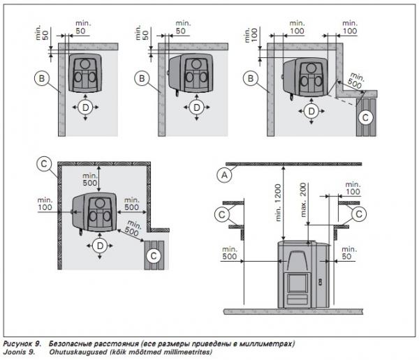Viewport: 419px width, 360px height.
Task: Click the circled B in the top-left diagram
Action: click(41, 80)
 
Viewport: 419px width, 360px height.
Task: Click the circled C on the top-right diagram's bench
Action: click(364, 117)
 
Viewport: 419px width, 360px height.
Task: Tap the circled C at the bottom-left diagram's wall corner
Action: click(43, 164)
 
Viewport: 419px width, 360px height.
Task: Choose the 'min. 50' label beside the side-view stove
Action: click(342, 253)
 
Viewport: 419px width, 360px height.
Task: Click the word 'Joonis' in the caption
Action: click(16, 352)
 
